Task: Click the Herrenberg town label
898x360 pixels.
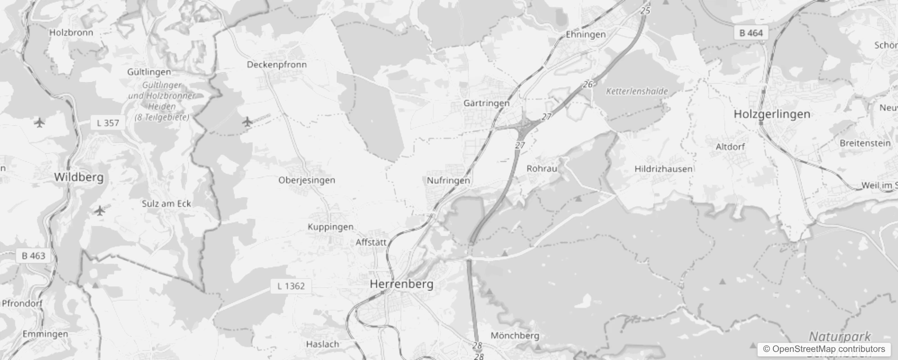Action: click(401, 284)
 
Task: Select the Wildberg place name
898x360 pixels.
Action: click(79, 177)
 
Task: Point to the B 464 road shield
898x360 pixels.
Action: click(751, 33)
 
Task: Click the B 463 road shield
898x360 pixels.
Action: click(34, 256)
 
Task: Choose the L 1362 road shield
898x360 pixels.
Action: click(291, 286)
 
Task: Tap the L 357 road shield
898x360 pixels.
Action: click(108, 123)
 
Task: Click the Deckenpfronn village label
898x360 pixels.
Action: click(277, 64)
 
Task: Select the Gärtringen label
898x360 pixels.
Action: click(486, 103)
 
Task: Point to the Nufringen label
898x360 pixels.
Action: click(448, 180)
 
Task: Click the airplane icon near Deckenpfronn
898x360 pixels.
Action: click(247, 121)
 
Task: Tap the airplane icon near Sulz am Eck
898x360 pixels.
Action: click(100, 210)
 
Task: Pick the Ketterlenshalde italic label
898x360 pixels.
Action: click(637, 91)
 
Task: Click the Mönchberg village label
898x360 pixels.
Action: click(515, 335)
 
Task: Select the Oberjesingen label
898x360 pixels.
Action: click(306, 180)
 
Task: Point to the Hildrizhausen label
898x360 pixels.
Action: click(663, 169)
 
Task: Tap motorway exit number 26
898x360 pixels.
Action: click(588, 84)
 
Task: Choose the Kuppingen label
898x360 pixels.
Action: click(330, 227)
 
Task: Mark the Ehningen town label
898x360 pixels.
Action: click(585, 34)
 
